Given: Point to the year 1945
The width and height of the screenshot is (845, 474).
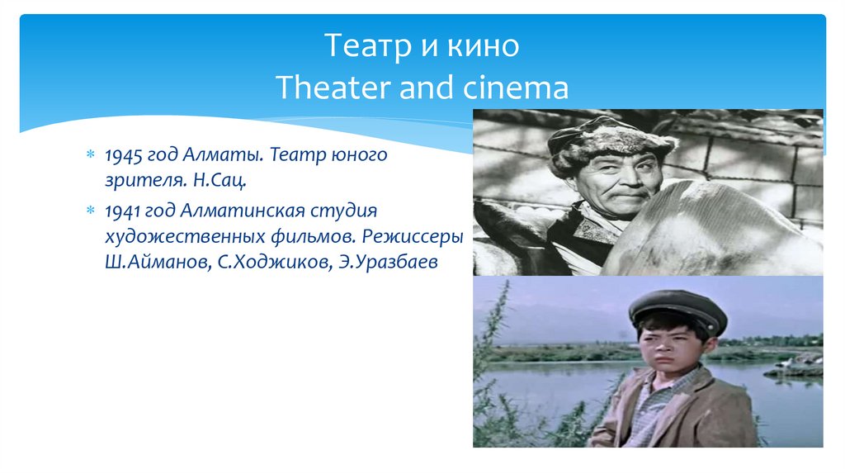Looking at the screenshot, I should pyautogui.click(x=123, y=155).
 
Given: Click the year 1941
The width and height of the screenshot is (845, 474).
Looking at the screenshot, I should pyautogui.click(x=123, y=212).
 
